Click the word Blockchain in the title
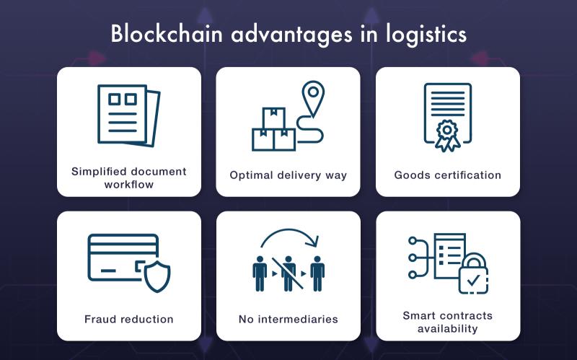[167, 34]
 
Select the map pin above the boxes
[313, 98]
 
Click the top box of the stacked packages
[274, 118]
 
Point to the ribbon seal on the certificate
[447, 136]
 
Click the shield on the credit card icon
[157, 276]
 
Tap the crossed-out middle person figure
[288, 273]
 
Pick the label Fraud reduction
[129, 319]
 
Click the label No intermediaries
[288, 319]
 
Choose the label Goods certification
[447, 175]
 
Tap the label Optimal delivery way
[288, 175]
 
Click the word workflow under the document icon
[129, 185]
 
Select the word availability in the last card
[447, 328]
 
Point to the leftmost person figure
[260, 273]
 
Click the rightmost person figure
[317, 273]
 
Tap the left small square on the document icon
[114, 99]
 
